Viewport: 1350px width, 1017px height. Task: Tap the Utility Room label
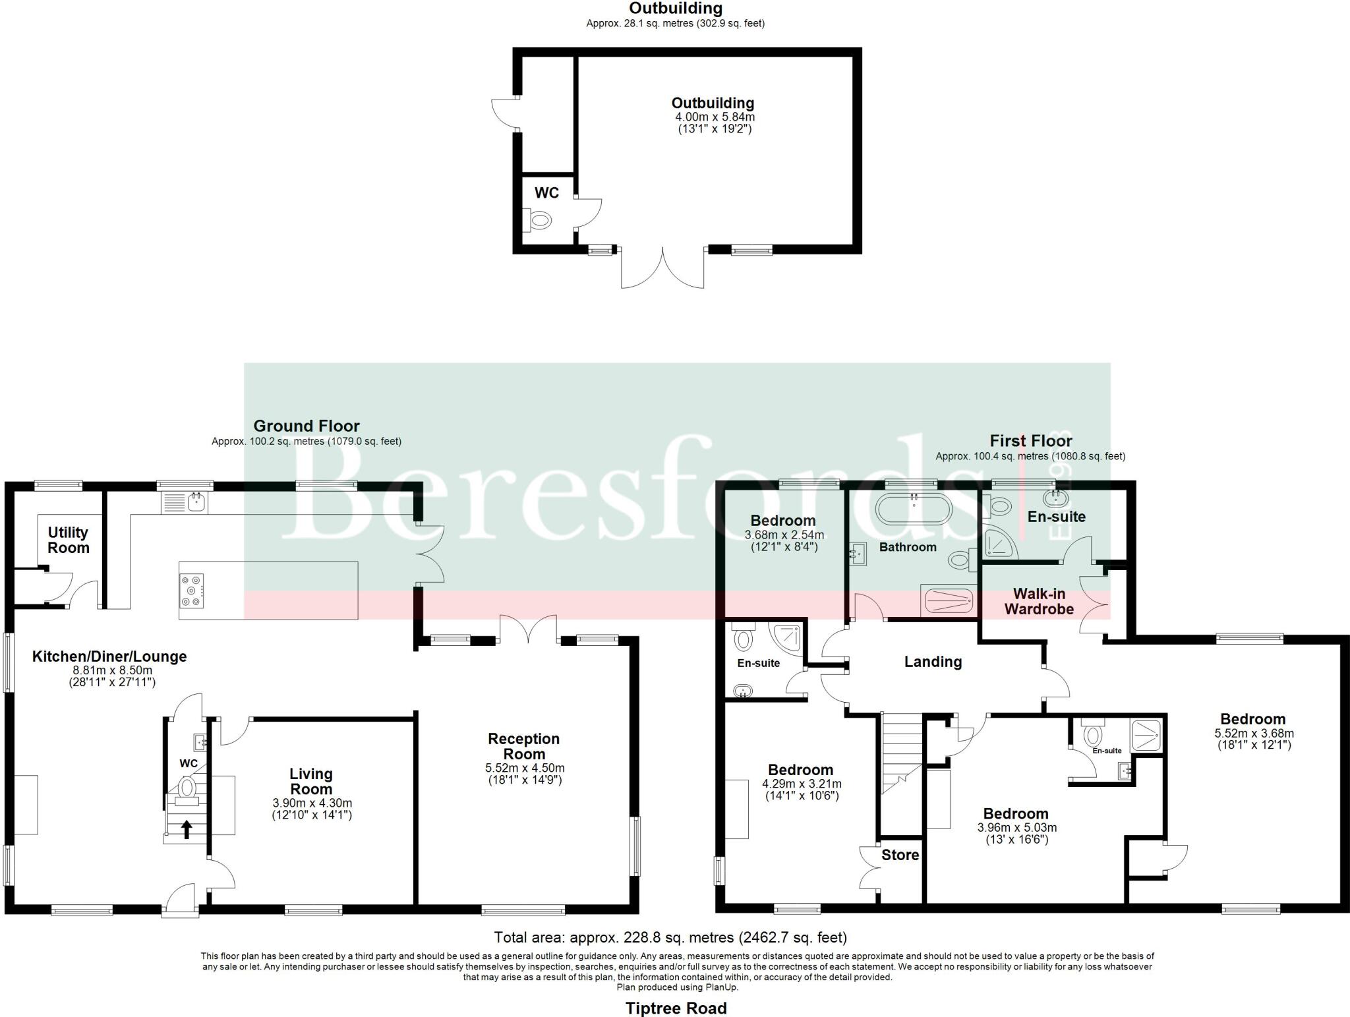68,540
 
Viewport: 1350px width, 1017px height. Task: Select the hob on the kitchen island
192,590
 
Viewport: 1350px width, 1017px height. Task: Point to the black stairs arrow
187,829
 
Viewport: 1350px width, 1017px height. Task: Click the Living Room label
311,782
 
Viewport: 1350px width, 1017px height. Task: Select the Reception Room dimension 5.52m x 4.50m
524,768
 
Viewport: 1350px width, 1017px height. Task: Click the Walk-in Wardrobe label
1039,601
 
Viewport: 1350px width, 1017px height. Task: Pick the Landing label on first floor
933,662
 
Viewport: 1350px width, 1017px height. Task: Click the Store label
900,855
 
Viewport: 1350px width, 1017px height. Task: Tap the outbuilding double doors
662,269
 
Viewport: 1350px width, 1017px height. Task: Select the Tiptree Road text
676,1008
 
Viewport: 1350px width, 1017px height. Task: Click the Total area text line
670,937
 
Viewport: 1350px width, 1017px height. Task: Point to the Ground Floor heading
307,426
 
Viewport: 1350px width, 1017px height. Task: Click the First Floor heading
1030,441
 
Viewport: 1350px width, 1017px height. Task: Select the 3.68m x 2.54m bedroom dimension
784,535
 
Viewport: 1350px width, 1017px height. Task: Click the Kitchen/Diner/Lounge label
109,656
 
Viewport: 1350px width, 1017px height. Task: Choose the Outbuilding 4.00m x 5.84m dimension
715,117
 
